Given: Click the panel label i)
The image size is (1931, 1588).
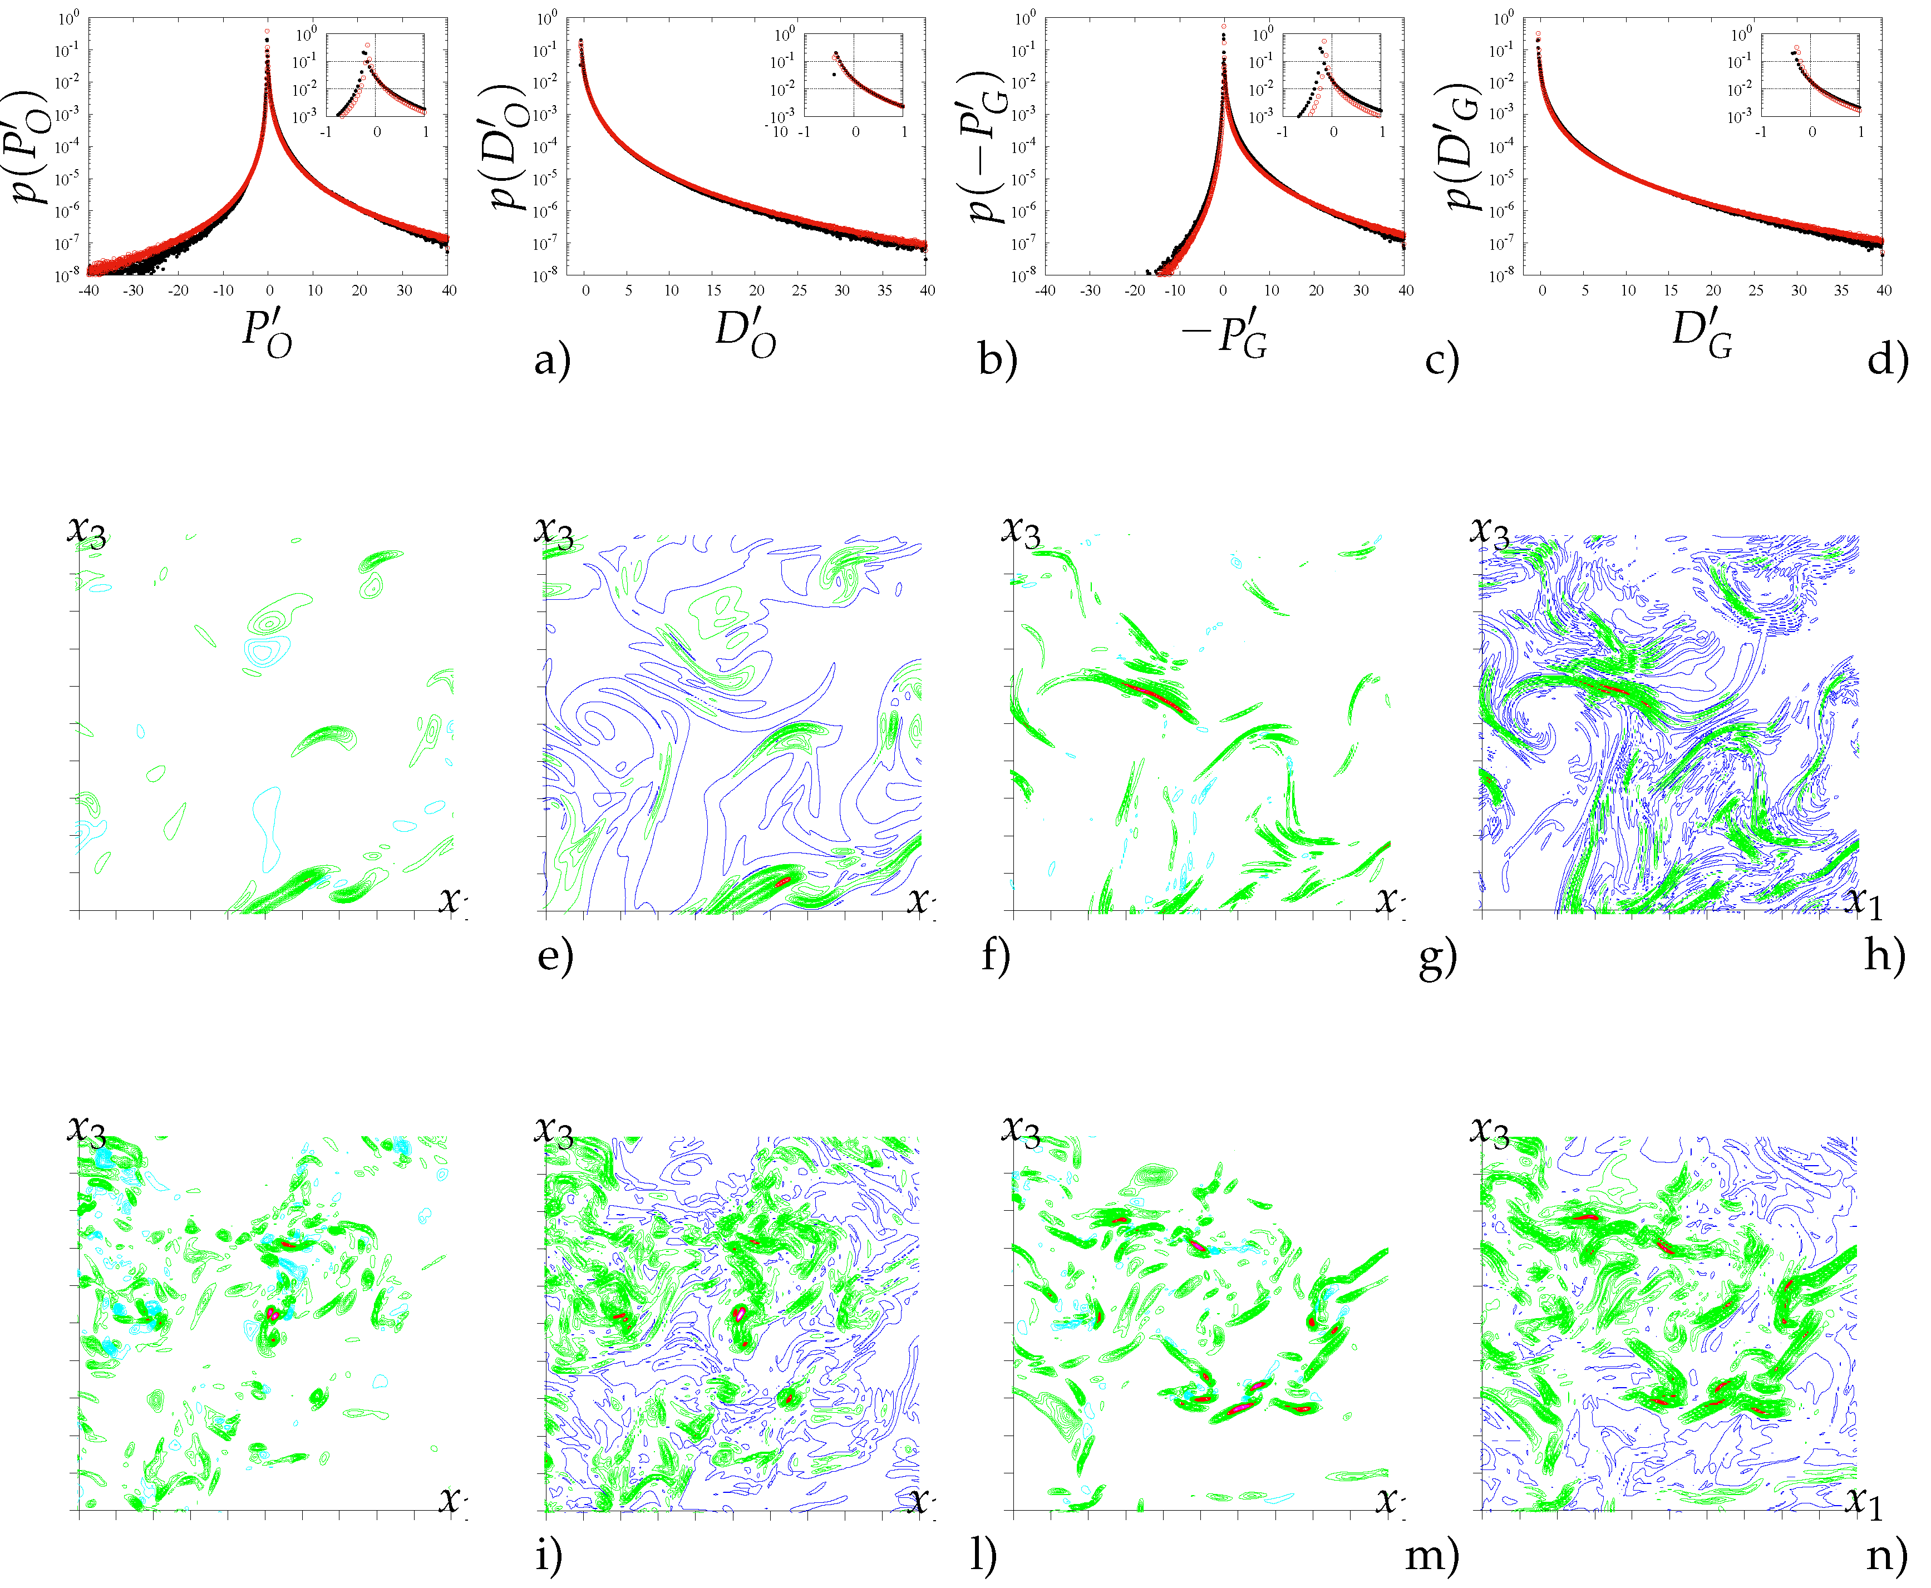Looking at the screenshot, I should point(548,1555).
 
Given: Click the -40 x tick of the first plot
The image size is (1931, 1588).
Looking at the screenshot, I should point(88,291).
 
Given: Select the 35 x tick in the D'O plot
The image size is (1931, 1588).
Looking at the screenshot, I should point(885,291).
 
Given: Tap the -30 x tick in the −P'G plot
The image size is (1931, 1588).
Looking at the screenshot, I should point(1090,291).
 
